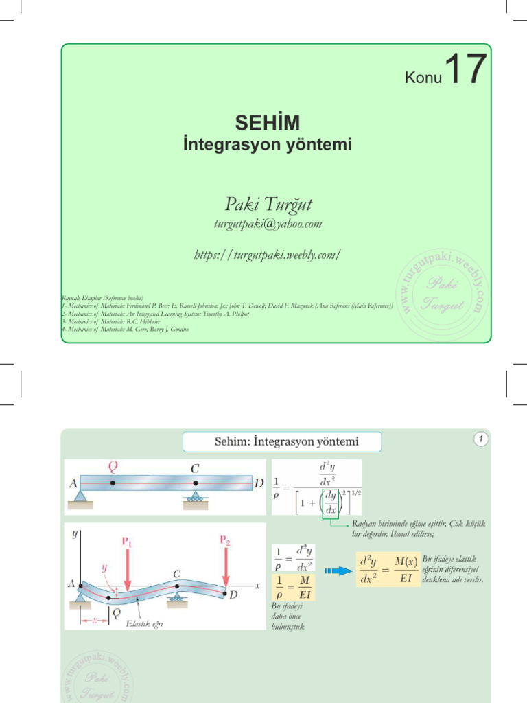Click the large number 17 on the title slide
tap(466, 71)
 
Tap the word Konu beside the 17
tap(423, 78)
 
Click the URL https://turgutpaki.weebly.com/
tap(268, 255)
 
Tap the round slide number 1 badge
tap(482, 439)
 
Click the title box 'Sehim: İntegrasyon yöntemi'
tap(282, 441)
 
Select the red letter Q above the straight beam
tap(113, 467)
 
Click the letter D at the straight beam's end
tap(259, 483)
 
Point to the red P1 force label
tap(128, 541)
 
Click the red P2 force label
tap(226, 540)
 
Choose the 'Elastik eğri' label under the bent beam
tap(143, 624)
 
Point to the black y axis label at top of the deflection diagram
tap(73, 534)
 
